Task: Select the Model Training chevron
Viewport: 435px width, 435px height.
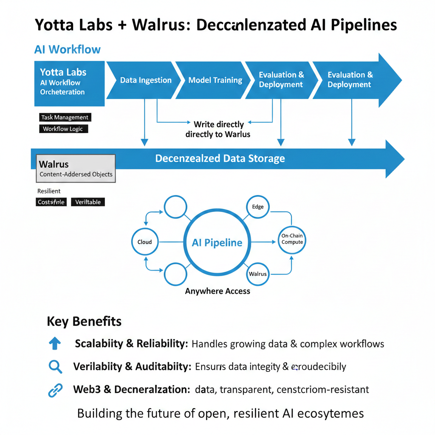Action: coord(215,80)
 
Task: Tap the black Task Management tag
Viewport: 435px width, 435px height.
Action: coord(65,117)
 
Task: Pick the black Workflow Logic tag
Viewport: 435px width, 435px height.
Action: coord(63,129)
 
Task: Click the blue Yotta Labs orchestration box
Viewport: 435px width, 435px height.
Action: coord(69,83)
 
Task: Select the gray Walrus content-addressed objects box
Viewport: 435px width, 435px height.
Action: coord(76,169)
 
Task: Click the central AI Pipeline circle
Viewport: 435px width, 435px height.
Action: coord(217,243)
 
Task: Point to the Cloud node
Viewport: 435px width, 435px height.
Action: coord(144,242)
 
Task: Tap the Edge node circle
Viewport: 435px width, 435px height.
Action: coord(257,207)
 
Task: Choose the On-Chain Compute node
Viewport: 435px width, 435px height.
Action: coord(292,239)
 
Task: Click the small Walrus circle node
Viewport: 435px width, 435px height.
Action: coord(257,274)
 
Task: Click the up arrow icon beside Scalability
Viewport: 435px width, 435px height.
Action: coord(55,344)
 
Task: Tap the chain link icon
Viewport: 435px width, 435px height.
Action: coord(55,390)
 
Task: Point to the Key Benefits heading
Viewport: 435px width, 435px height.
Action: coord(84,322)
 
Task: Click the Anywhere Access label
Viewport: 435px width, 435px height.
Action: coord(217,291)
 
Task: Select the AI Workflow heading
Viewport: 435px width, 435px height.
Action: coord(67,49)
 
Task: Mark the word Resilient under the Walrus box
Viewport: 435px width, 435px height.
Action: coord(49,191)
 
